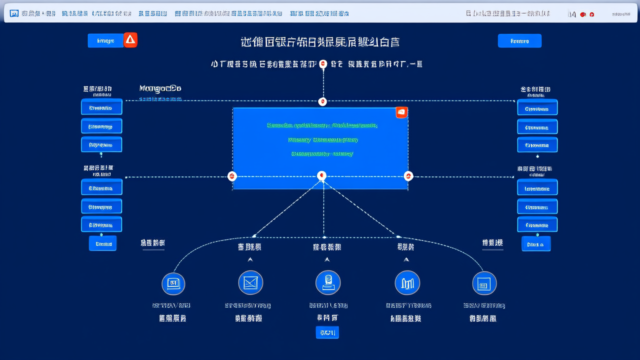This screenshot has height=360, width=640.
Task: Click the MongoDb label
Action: tap(160, 88)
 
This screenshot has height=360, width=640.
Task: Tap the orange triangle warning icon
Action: tap(130, 40)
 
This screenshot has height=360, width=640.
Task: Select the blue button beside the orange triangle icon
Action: tap(105, 41)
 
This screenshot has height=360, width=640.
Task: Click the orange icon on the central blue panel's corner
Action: tap(401, 112)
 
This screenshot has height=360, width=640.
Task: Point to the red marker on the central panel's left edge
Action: tap(231, 176)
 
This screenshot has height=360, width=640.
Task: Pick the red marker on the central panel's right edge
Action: tap(408, 176)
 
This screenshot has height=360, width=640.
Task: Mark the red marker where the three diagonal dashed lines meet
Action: tap(322, 176)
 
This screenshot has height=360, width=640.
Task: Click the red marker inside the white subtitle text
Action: tap(322, 64)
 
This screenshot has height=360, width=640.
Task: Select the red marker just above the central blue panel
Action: tap(322, 102)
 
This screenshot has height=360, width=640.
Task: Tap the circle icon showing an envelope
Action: tap(250, 283)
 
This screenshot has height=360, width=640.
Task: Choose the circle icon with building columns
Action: tap(407, 283)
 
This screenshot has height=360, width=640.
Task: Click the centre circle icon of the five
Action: tap(327, 283)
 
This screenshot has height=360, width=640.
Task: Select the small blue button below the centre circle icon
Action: tap(327, 332)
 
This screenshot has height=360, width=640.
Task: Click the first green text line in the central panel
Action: tap(322, 125)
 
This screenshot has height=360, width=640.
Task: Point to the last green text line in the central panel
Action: tap(322, 153)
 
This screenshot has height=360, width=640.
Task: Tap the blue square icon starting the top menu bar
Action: tap(14, 13)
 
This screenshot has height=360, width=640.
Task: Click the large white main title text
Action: tap(320, 42)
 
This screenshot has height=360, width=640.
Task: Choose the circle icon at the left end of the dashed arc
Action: tap(173, 283)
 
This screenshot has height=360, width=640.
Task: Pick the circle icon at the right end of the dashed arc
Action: tap(484, 283)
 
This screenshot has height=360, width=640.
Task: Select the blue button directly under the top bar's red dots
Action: tap(519, 41)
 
